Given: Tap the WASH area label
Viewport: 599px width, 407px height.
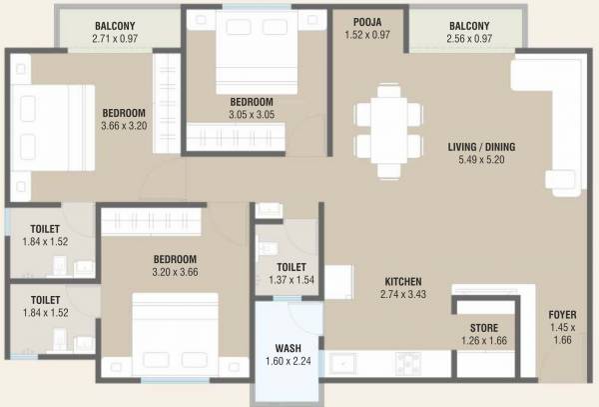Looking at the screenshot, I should (289, 350).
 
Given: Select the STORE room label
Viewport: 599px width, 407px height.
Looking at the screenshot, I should (485, 328).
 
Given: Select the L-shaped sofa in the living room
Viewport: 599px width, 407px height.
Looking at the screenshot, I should (549, 110).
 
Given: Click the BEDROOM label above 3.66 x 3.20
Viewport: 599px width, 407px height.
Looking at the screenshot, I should (123, 112).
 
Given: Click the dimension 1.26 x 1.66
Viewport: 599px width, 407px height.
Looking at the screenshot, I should (485, 342).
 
